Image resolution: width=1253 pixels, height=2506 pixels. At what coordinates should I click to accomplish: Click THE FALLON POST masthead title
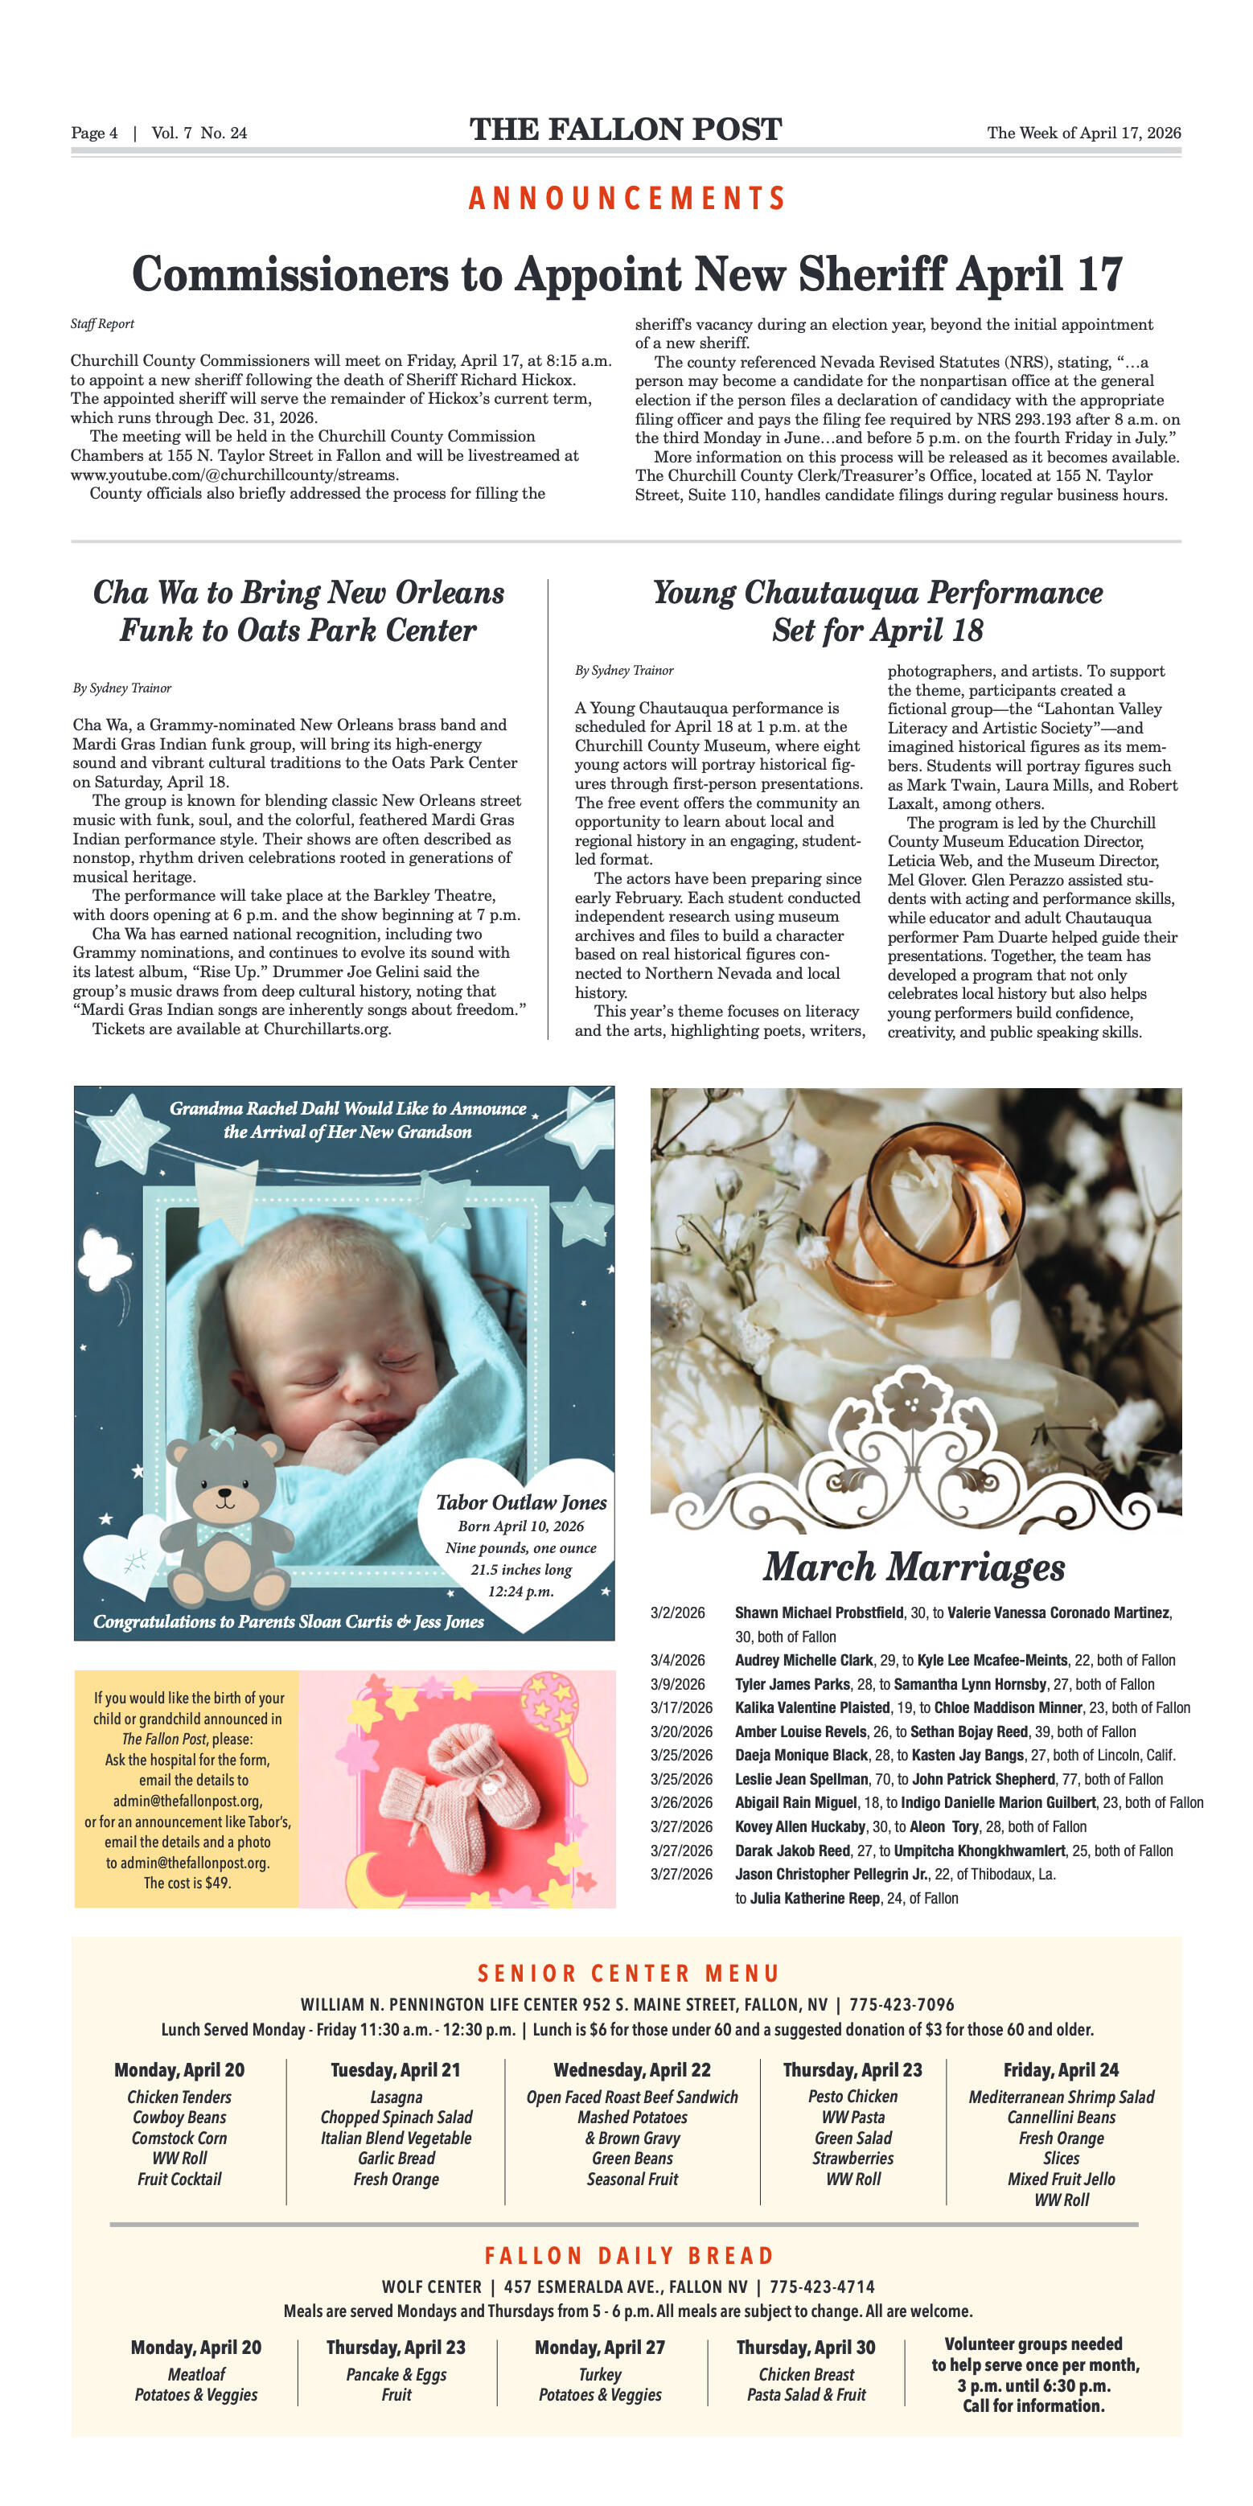(626, 129)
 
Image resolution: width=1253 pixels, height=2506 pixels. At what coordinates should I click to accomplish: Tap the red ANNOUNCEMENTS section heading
(626, 199)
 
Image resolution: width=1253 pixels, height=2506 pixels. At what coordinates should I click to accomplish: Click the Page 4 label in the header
(94, 134)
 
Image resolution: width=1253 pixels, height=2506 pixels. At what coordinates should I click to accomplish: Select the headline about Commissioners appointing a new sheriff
(626, 273)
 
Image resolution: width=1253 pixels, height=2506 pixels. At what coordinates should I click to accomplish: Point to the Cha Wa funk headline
(298, 611)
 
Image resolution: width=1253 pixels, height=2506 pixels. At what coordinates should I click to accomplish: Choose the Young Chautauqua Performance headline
(877, 611)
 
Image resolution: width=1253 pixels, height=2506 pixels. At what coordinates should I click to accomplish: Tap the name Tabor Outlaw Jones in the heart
(520, 1503)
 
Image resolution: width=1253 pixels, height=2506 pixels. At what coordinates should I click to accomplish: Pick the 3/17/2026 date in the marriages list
(681, 1707)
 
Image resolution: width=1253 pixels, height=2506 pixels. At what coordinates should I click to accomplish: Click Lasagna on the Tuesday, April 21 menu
(396, 2097)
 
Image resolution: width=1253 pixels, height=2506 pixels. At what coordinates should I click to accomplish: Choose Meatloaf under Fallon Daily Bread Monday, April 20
(196, 2375)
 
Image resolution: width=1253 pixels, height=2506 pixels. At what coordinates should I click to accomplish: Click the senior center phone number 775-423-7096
(902, 2005)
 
